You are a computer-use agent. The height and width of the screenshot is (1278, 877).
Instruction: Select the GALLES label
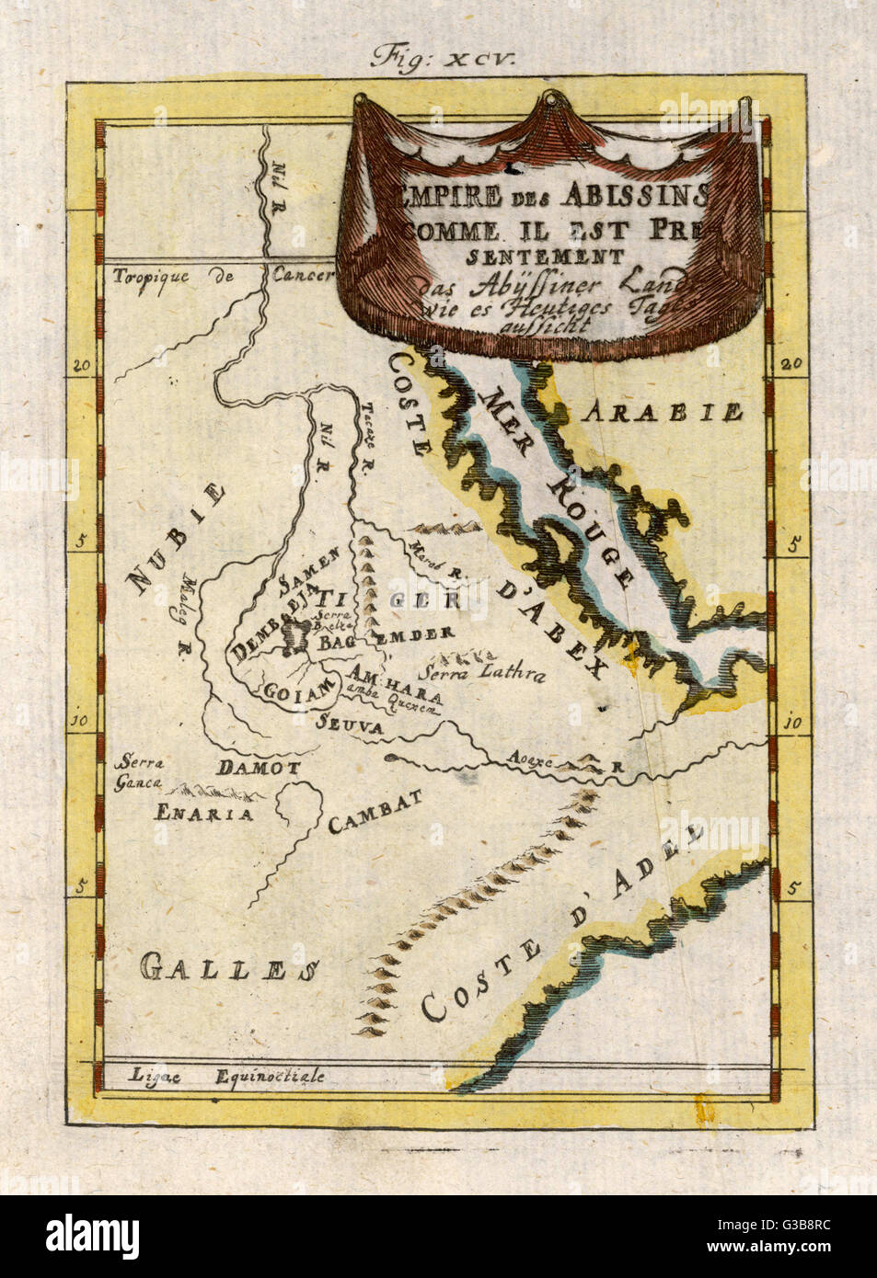pos(230,967)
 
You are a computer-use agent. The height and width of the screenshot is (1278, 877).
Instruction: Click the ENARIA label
pos(203,813)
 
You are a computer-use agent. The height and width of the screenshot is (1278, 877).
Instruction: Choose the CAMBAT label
pos(375,812)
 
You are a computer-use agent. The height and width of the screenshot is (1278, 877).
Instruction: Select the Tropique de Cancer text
pos(222,276)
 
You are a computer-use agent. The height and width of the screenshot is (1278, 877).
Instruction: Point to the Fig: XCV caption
pos(444,58)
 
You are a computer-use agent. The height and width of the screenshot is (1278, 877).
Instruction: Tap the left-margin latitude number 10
pos(81,722)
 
